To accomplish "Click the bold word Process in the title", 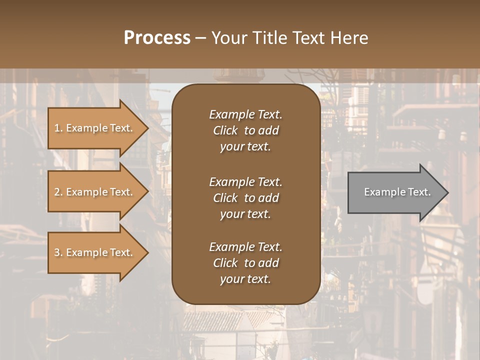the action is pos(157,38).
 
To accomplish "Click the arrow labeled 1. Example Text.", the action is pos(95,128).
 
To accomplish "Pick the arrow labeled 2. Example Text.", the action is pos(95,192).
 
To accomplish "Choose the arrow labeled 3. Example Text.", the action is pos(95,253).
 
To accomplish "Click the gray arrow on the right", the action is pos(395,192).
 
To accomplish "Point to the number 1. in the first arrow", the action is pos(58,128).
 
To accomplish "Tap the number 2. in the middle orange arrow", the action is pos(58,192).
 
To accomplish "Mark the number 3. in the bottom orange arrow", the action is pos(58,253).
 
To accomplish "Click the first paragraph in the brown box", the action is pos(245,130).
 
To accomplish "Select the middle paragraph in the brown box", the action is pos(245,198).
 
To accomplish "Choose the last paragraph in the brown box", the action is pos(245,263).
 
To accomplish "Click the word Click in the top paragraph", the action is pos(225,131).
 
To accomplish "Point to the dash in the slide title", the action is pos(201,38).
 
